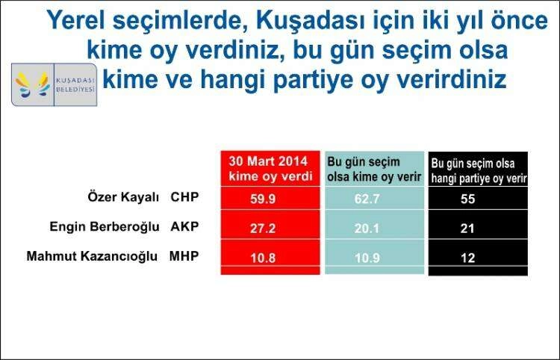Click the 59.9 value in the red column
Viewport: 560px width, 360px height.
pos(263,199)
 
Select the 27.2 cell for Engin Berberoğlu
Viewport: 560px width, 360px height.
pos(263,228)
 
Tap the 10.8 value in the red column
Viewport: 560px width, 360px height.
pos(263,258)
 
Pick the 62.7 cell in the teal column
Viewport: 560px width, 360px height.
pos(367,199)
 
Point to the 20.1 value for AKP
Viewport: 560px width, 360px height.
pos(367,228)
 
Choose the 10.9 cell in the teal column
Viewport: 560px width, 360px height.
pos(367,258)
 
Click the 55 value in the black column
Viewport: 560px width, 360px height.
pos(468,199)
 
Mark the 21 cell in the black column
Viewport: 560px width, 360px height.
pos(468,228)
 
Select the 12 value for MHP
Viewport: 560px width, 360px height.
pos(468,258)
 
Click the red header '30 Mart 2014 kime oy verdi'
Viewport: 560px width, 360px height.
pos(270,169)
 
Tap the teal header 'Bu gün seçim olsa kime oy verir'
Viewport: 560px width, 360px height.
pos(374,169)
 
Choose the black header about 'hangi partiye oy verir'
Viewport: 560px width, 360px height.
pos(479,171)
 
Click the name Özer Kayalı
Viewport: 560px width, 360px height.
pos(123,197)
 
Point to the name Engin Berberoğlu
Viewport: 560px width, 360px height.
pos(105,227)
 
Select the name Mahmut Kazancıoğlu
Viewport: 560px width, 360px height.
pos(92,256)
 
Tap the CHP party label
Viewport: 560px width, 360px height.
pos(184,196)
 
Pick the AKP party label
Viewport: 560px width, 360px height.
pos(184,226)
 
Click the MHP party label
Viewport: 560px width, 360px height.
pos(184,256)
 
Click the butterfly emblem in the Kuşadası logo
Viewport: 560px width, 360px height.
pos(32,85)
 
